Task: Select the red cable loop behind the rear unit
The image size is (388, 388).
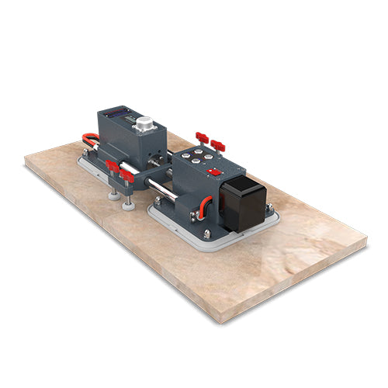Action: [90, 143]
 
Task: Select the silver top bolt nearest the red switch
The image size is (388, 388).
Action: [209, 161]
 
